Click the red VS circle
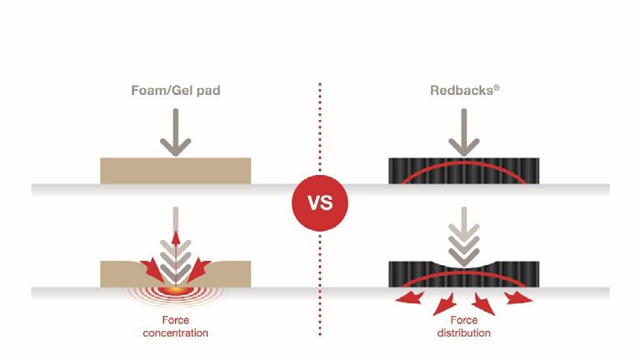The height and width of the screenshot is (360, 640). (x=319, y=202)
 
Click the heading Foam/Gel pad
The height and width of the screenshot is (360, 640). (x=176, y=90)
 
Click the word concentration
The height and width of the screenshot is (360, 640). (x=175, y=332)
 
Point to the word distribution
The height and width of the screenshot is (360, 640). (x=463, y=332)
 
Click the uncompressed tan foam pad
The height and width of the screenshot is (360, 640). (x=175, y=171)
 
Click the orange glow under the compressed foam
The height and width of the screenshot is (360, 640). (x=176, y=288)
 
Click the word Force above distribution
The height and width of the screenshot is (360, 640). (x=463, y=320)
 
